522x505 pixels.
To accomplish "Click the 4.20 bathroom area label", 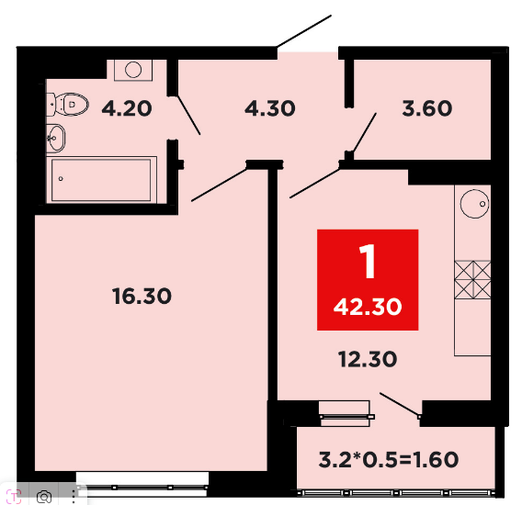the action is coord(127,108).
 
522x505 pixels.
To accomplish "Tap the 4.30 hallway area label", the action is coord(270,108).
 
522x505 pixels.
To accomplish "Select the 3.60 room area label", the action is coord(427,108).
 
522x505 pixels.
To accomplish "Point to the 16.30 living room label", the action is coord(142,296).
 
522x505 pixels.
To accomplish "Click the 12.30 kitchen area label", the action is coord(368,359).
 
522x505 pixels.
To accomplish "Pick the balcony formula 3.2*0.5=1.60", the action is coord(389,459).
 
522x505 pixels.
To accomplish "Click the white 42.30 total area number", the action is coord(368,307).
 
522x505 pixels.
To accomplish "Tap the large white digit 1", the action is coord(368,262).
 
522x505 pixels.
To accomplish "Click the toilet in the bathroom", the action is coord(68,105).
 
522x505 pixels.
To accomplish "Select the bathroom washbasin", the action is coord(56,138).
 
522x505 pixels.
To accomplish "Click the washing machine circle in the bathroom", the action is coord(133,70).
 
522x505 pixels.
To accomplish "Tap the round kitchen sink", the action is coord(474,204).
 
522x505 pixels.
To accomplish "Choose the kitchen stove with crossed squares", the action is coord(472,279).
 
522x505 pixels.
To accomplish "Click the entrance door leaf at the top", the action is coord(304,30).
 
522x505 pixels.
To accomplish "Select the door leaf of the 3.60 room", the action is coord(365,133).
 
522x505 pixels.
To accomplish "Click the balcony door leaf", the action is coord(400,404).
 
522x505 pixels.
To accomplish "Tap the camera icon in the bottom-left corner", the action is coord(43,498).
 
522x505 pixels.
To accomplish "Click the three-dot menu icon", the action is coord(74,497).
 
